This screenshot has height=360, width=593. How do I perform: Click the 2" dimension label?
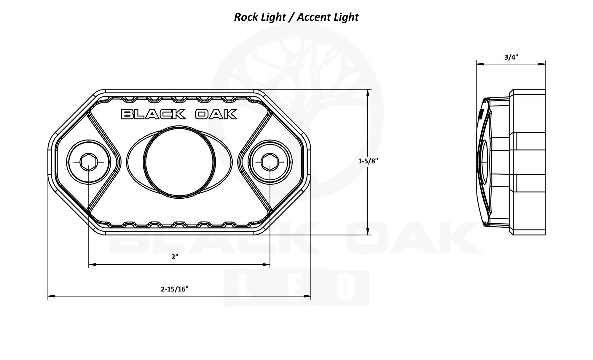tap(175, 257)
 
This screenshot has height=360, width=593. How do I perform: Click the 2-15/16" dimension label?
tap(175, 289)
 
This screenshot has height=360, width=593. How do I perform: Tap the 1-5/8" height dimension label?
tap(368, 161)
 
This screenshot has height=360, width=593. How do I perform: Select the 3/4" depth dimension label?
tap(511, 57)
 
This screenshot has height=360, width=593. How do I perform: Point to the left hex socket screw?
tap(89, 162)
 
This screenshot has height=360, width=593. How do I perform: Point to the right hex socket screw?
tap(270, 162)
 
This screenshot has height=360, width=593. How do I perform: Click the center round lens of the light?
tap(179, 162)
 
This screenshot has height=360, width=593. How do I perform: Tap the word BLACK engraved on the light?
tap(153, 114)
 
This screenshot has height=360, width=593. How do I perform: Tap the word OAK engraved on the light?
tap(216, 114)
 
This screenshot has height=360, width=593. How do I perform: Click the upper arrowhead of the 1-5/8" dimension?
tap(368, 93)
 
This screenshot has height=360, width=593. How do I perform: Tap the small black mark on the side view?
tap(481, 114)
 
